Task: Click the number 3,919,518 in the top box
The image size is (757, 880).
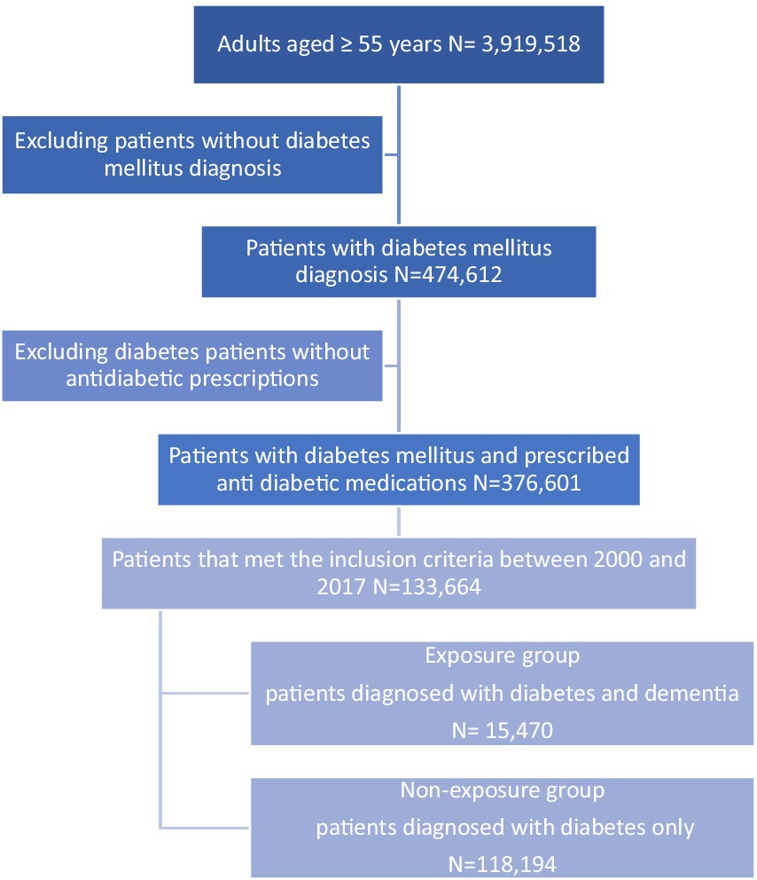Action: (x=530, y=43)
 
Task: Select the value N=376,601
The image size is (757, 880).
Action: (x=527, y=483)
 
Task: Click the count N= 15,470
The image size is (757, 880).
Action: (x=503, y=730)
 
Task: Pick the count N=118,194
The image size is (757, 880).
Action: (x=503, y=865)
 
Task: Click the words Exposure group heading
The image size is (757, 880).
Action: (x=503, y=656)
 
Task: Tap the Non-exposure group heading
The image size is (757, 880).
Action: (x=503, y=790)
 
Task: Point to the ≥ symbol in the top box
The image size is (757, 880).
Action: (x=347, y=44)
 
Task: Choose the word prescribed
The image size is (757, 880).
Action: (x=576, y=456)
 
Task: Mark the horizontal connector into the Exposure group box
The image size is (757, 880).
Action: (x=206, y=693)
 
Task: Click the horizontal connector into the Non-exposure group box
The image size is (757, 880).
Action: (x=206, y=828)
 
